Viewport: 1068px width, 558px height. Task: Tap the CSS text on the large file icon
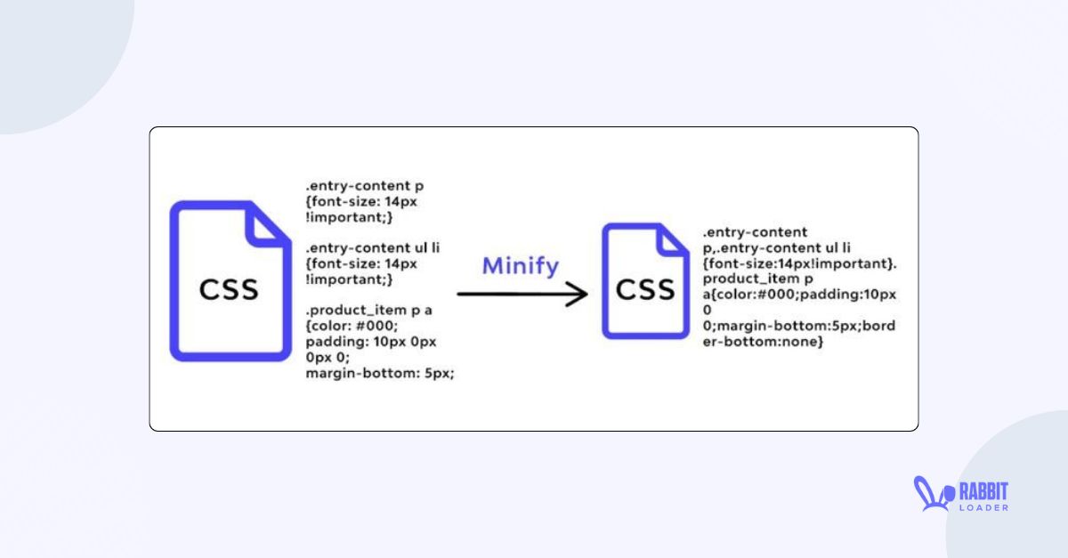pyautogui.click(x=229, y=289)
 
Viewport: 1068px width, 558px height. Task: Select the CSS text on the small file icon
pyautogui.click(x=647, y=289)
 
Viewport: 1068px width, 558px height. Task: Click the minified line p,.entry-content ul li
pyautogui.click(x=777, y=248)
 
